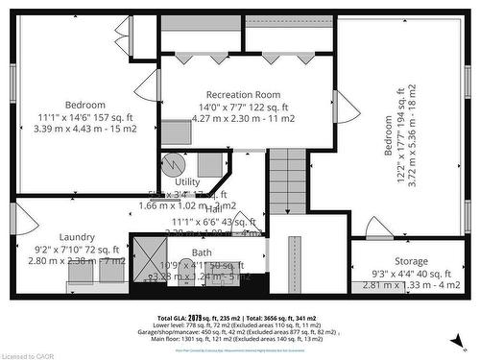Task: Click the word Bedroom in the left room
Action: [85, 105]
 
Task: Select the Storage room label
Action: [412, 261]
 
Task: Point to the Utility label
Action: [187, 181]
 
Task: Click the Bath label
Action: [203, 252]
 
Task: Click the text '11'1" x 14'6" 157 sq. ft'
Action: [85, 116]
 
